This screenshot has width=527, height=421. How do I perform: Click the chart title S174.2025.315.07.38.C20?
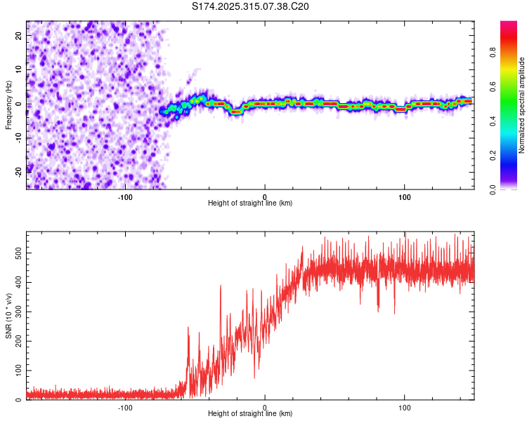tap(250, 6)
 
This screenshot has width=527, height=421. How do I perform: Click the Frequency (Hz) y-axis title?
tap(8, 105)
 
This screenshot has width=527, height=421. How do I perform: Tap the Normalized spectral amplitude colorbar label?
tap(522, 105)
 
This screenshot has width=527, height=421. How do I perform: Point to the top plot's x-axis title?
tap(250, 203)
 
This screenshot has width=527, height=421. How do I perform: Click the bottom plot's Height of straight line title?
tap(250, 413)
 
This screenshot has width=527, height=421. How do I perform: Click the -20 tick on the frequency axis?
tap(18, 171)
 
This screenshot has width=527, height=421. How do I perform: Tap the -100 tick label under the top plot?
tap(125, 196)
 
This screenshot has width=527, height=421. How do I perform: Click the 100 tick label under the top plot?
tap(404, 196)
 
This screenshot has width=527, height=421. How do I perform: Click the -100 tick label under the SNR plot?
tap(125, 407)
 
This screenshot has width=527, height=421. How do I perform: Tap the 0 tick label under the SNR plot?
tap(265, 407)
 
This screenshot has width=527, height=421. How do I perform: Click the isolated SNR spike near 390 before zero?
tap(221, 286)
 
